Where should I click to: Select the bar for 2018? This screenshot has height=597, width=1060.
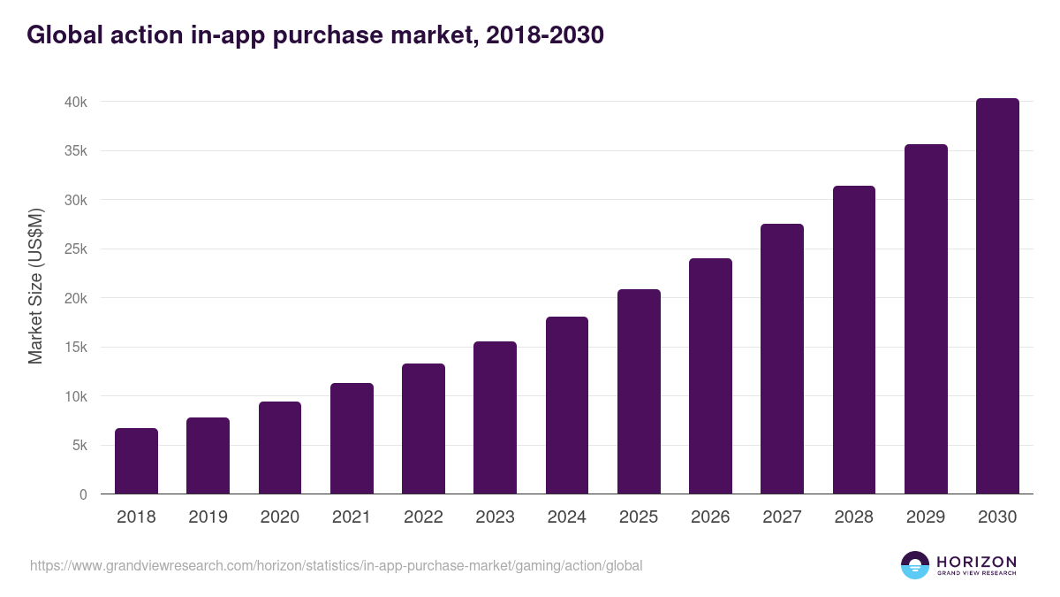[136, 461]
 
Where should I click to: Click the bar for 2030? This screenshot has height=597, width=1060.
[997, 296]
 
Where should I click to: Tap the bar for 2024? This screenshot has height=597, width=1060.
[567, 405]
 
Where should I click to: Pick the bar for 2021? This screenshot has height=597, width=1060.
[352, 439]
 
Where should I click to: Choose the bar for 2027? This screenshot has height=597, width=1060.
[782, 359]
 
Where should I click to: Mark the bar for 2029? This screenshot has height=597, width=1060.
[926, 319]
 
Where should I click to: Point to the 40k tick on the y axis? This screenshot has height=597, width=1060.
[75, 102]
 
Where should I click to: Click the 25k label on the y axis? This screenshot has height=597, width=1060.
[75, 249]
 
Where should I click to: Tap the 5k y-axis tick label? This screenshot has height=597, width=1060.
[79, 446]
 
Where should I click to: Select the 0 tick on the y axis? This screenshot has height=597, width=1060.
[83, 494]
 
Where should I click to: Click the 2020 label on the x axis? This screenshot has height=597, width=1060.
[279, 517]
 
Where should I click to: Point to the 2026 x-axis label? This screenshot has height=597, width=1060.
[710, 517]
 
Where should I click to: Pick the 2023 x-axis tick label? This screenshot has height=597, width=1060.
[495, 517]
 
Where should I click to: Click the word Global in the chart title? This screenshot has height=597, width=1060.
[64, 34]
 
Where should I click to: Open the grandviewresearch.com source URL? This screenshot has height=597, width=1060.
[336, 565]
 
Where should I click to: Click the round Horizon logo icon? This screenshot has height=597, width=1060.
[915, 565]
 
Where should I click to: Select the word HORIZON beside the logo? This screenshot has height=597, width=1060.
[976, 562]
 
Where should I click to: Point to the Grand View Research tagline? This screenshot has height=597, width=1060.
[976, 574]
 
